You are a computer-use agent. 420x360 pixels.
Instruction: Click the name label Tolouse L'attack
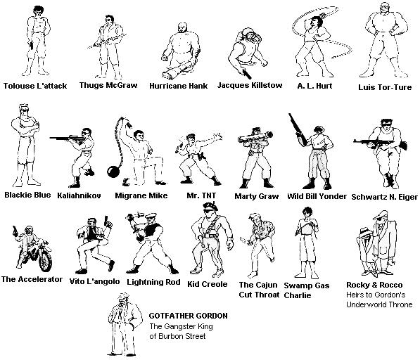(35, 86)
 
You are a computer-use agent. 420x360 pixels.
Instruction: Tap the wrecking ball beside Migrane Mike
(113, 172)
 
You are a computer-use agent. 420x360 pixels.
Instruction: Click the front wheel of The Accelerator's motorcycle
(45, 259)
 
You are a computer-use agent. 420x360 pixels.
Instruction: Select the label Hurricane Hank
(179, 86)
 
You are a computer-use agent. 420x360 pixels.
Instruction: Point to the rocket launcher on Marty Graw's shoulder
(255, 137)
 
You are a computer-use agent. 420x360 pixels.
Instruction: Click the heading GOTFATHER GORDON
(188, 316)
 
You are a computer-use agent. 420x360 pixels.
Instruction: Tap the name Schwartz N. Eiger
(384, 198)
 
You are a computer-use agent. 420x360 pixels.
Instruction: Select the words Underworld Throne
(379, 304)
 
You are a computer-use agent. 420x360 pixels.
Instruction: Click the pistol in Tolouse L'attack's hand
(31, 45)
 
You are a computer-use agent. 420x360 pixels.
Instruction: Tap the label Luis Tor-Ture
(385, 87)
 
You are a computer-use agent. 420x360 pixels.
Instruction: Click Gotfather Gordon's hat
(123, 296)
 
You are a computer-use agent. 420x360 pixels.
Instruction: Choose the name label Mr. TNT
(201, 195)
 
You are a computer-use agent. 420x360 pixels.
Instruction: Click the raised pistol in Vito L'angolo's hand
(106, 220)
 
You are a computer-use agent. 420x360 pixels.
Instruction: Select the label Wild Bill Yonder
(317, 196)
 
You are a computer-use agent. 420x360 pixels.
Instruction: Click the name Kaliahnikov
(79, 195)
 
